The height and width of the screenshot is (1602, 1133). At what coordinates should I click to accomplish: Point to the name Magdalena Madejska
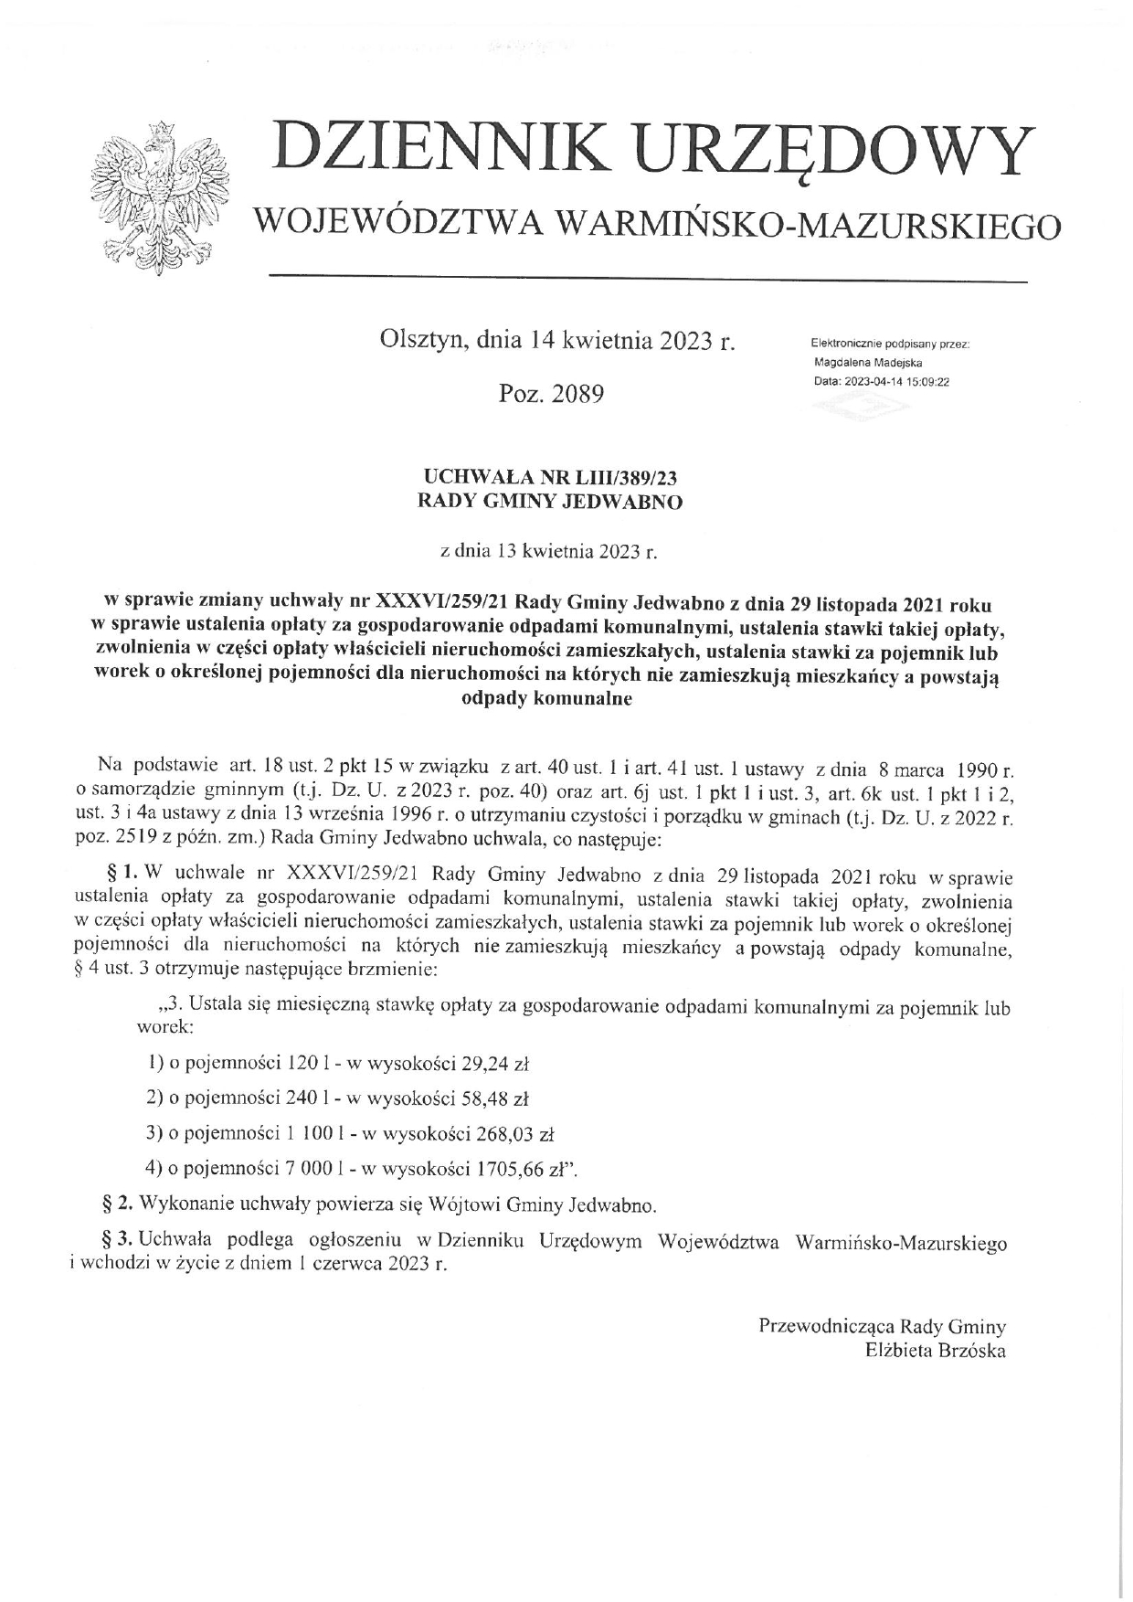click(868, 363)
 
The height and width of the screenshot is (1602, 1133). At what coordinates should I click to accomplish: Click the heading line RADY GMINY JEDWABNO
click(549, 502)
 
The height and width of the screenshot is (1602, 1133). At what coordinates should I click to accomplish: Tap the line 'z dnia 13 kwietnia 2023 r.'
click(548, 551)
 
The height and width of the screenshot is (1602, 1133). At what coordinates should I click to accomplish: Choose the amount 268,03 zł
click(515, 1134)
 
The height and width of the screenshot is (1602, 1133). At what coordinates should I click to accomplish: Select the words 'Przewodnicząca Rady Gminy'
click(882, 1326)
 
